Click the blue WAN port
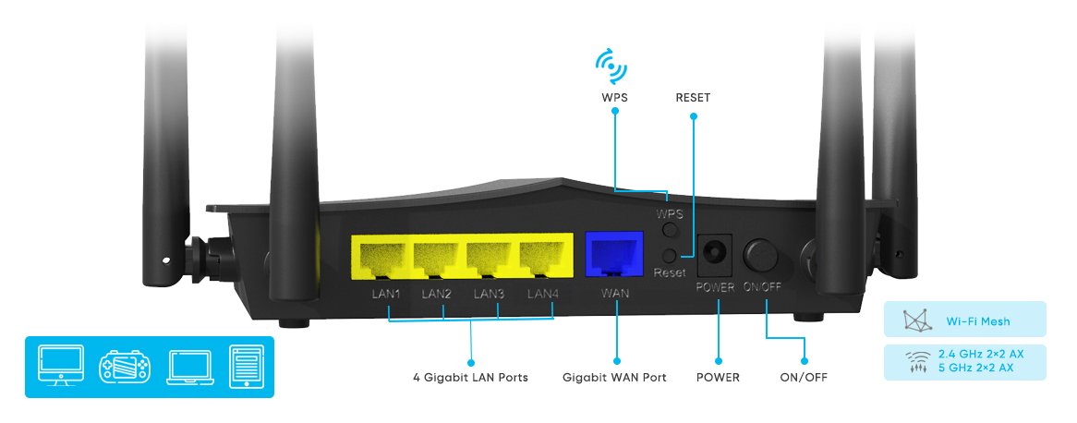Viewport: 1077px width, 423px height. point(615,254)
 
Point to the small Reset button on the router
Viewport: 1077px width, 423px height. point(670,256)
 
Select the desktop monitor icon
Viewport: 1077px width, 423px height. point(61,365)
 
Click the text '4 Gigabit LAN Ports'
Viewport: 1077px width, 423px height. point(470,378)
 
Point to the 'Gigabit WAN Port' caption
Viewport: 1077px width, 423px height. point(614,378)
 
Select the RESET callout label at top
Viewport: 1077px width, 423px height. point(694,97)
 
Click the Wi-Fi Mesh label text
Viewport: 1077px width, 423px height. point(977,322)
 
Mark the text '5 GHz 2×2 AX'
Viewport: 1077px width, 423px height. point(975,368)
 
